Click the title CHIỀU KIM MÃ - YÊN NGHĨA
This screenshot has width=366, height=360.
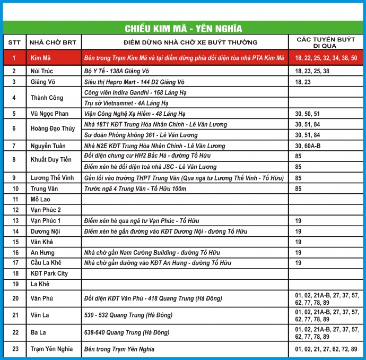pos(183,28)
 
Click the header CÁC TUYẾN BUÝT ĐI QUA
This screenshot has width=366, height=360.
pos(325,42)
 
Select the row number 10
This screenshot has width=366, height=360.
pos(15,188)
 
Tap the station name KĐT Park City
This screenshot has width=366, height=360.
pos(49,273)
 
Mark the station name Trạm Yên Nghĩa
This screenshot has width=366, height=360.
pos(51,349)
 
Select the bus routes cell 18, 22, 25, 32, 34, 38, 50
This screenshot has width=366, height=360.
pos(326,57)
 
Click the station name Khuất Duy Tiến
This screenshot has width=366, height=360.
pos(50,161)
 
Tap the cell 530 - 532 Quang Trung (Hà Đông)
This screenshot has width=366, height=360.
pos(128,315)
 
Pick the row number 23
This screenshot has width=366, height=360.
pos(15,349)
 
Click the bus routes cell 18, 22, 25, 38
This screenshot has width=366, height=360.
pos(312,71)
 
